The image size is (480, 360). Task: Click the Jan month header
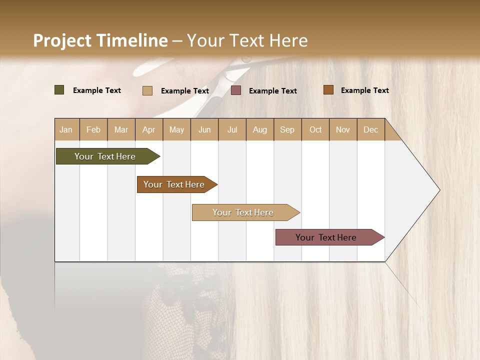[x=66, y=129]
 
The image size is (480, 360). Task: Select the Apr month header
[x=149, y=129]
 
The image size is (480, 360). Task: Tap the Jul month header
[x=232, y=129]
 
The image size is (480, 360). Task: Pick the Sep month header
[x=287, y=129]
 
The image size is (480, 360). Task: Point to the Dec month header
[x=370, y=129]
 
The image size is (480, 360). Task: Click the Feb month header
[x=93, y=129]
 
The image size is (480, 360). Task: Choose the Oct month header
[x=315, y=129]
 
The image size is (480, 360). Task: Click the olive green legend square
[x=59, y=90]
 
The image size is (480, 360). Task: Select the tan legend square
[x=147, y=90]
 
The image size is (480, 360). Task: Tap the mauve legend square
[x=236, y=90]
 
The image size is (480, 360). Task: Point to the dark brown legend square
[x=328, y=90]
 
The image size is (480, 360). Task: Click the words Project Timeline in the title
[x=100, y=40]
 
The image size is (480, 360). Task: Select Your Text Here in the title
[x=247, y=40]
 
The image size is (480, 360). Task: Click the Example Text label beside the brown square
[x=364, y=90]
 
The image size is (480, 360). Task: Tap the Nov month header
[x=343, y=129]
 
